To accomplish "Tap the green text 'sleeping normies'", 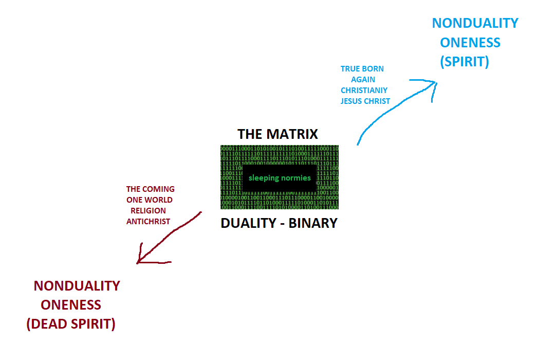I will [x=280, y=178].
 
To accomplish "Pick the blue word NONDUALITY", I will [x=475, y=23].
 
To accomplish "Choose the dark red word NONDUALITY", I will [x=77, y=286].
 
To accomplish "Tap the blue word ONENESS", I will [x=470, y=42].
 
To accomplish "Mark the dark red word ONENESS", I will [x=71, y=305].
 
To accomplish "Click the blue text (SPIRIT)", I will [x=465, y=62].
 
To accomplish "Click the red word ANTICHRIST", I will [x=148, y=222].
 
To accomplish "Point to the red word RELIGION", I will [x=148, y=211].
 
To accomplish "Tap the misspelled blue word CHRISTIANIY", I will [x=364, y=91].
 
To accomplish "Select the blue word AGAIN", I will [x=363, y=80].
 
